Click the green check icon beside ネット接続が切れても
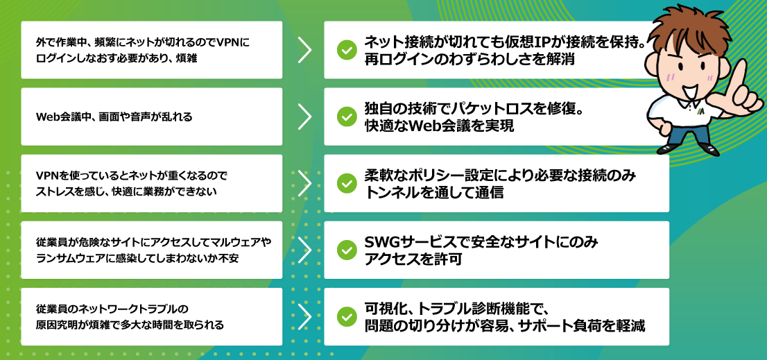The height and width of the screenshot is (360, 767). tap(346, 50)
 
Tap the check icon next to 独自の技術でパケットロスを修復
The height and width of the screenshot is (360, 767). tap(346, 117)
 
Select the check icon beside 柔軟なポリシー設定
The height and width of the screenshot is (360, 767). tap(346, 183)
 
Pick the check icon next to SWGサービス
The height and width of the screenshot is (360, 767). tap(346, 250)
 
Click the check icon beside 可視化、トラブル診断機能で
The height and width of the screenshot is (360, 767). tap(346, 316)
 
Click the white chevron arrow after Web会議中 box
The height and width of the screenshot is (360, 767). tap(304, 117)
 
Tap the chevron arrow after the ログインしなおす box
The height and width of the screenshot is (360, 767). tap(304, 50)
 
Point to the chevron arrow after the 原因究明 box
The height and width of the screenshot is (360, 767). tap(304, 316)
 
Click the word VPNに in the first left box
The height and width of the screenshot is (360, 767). tap(233, 42)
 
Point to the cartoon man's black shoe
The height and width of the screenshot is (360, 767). tap(708, 148)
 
